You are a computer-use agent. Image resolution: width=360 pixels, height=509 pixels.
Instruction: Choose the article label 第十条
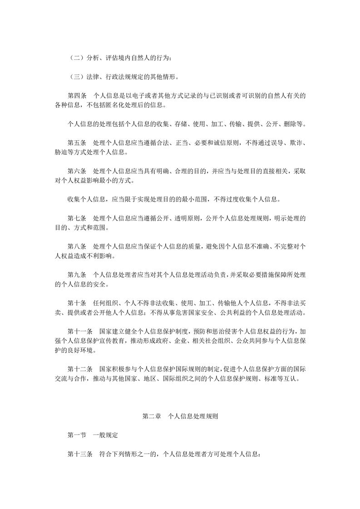(x=77, y=303)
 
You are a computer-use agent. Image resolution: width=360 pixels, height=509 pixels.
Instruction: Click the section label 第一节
(x=77, y=435)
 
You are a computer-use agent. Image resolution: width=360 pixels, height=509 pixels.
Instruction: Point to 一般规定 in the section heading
(x=105, y=435)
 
